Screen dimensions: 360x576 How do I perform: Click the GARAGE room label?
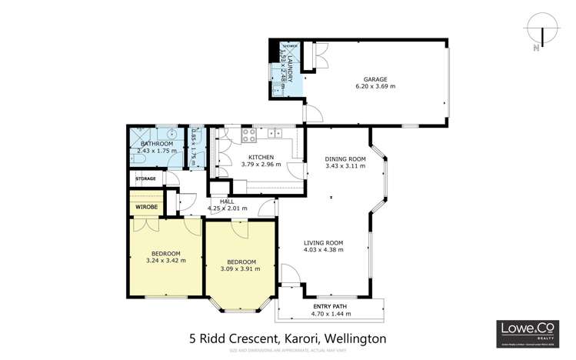[375, 78]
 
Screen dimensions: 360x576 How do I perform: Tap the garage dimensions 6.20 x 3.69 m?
[375, 87]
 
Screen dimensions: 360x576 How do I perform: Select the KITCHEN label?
[261, 157]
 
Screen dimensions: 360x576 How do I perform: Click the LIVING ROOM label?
[323, 242]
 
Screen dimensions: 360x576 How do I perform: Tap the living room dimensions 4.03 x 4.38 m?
[323, 250]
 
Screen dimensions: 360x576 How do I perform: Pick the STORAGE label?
[145, 178]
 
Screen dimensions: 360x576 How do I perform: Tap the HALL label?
[227, 201]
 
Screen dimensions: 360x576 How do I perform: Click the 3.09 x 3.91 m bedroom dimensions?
[241, 269]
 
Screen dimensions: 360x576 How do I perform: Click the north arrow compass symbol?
[543, 37]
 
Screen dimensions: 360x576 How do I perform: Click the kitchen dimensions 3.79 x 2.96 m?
[261, 165]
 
